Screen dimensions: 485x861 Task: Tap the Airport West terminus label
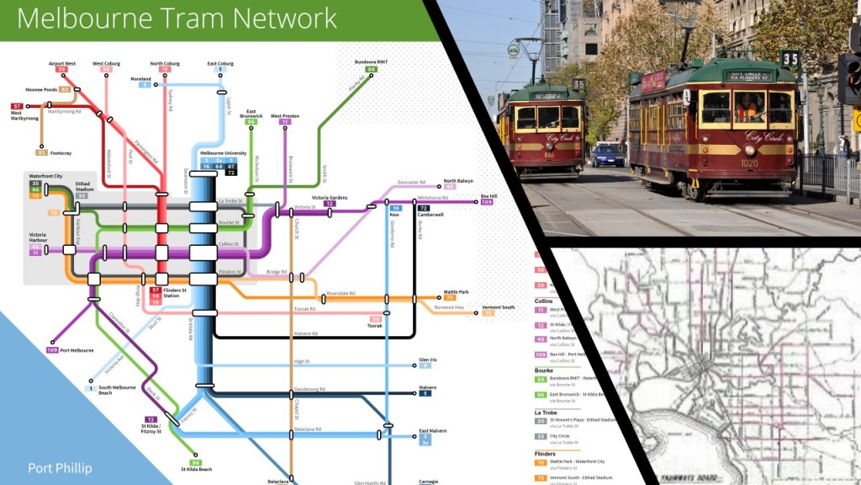click(x=62, y=63)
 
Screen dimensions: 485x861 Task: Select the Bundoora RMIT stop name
click(x=371, y=62)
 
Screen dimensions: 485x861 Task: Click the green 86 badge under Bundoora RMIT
click(x=371, y=70)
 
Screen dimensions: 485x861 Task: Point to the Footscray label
click(x=63, y=152)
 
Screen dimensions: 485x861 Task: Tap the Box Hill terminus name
click(x=489, y=195)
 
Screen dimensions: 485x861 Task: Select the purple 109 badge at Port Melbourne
click(x=52, y=349)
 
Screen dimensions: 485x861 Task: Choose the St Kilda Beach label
click(x=196, y=469)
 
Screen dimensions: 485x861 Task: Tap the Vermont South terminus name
click(x=498, y=307)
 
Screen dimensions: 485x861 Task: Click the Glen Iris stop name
click(x=428, y=360)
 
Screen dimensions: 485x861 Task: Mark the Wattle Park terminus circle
click(x=440, y=297)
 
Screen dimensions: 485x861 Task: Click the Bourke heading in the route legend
click(x=545, y=370)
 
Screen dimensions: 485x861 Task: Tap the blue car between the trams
click(x=607, y=154)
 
